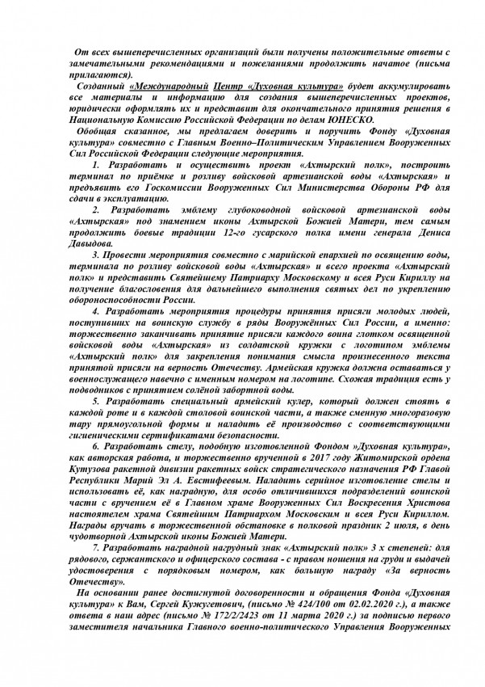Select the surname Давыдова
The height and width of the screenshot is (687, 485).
(x=89, y=243)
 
